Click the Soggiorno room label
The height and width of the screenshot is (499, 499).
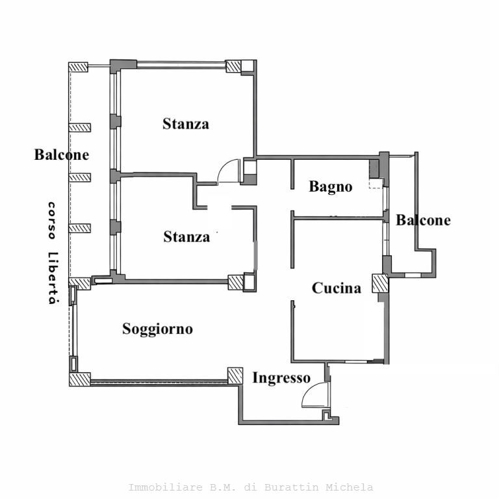[157, 329]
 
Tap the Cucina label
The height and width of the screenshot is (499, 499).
[337, 288]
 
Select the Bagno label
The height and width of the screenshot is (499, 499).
[330, 187]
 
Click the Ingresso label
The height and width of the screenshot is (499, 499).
[281, 377]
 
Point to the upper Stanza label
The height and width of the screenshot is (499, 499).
[186, 123]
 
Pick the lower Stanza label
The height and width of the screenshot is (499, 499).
[186, 237]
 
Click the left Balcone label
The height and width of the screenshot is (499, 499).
[62, 155]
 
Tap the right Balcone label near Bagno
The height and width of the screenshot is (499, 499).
[423, 220]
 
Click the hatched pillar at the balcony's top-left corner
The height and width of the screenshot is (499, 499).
[79, 67]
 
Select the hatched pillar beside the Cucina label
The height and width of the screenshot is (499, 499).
[379, 283]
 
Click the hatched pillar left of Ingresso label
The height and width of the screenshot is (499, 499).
[235, 375]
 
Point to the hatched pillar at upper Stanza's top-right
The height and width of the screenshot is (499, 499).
[233, 66]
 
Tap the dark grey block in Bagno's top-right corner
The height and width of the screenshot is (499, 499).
[374, 168]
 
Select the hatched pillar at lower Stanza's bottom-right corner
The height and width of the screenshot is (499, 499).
[235, 282]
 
